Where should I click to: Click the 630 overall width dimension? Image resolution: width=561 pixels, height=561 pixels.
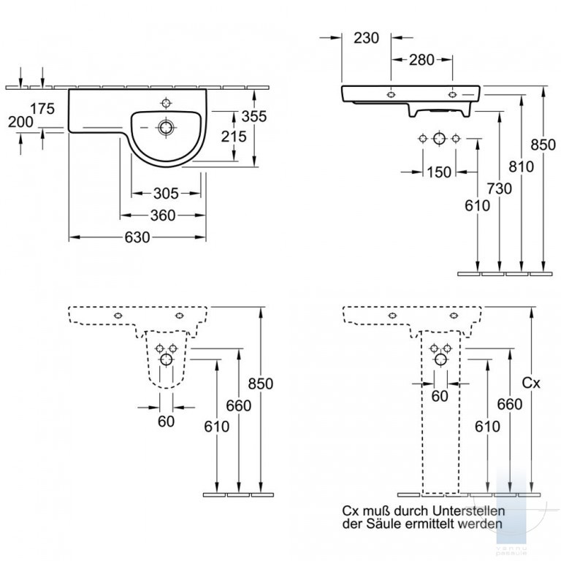[x=137, y=237]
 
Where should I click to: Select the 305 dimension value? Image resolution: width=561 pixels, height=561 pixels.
[x=166, y=194]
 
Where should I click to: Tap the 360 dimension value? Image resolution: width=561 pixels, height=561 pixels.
[x=163, y=215]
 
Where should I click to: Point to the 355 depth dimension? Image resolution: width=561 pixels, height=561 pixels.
[x=254, y=116]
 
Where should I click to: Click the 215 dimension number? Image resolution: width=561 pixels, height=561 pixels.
[x=234, y=137]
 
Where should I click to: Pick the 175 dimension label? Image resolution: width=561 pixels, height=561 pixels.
[x=42, y=108]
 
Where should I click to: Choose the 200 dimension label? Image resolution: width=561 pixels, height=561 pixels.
[x=20, y=122]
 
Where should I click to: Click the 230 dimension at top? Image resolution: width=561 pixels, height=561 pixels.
[x=367, y=38]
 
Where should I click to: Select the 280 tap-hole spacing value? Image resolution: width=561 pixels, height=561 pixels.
[x=421, y=60]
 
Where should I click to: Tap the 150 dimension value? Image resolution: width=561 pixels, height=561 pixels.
[x=439, y=172]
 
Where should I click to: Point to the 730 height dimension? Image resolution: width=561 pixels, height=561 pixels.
[x=500, y=188]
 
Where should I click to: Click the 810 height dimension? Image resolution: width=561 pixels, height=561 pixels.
[x=522, y=167]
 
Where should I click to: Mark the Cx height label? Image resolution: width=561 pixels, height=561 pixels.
[x=531, y=383]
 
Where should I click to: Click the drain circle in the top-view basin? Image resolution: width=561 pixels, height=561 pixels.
[x=166, y=127]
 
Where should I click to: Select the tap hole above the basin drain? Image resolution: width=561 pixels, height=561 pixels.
[x=167, y=103]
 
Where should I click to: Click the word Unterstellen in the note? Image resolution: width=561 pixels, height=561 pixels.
[x=469, y=511]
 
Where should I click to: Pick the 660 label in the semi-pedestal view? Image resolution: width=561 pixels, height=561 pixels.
[x=239, y=405]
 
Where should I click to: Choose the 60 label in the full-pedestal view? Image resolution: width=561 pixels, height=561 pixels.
[x=440, y=396]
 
